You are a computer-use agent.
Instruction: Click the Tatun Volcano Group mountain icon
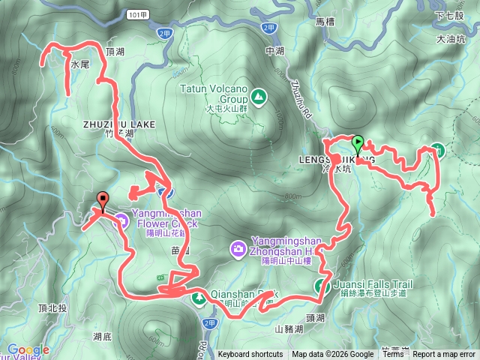tap(258, 96)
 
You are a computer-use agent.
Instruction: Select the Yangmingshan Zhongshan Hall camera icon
tap(237, 247)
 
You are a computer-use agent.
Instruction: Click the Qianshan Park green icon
tap(199, 298)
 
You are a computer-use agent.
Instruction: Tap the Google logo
tap(28, 349)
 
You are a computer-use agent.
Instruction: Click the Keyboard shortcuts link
tap(250, 355)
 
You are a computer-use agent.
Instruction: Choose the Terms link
tap(393, 355)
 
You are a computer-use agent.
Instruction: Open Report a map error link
tap(444, 355)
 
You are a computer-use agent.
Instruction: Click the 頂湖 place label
tap(115, 52)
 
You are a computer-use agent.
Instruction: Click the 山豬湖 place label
tap(289, 328)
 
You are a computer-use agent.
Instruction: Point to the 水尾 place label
tap(80, 65)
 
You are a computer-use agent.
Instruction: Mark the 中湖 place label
tap(275, 52)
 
